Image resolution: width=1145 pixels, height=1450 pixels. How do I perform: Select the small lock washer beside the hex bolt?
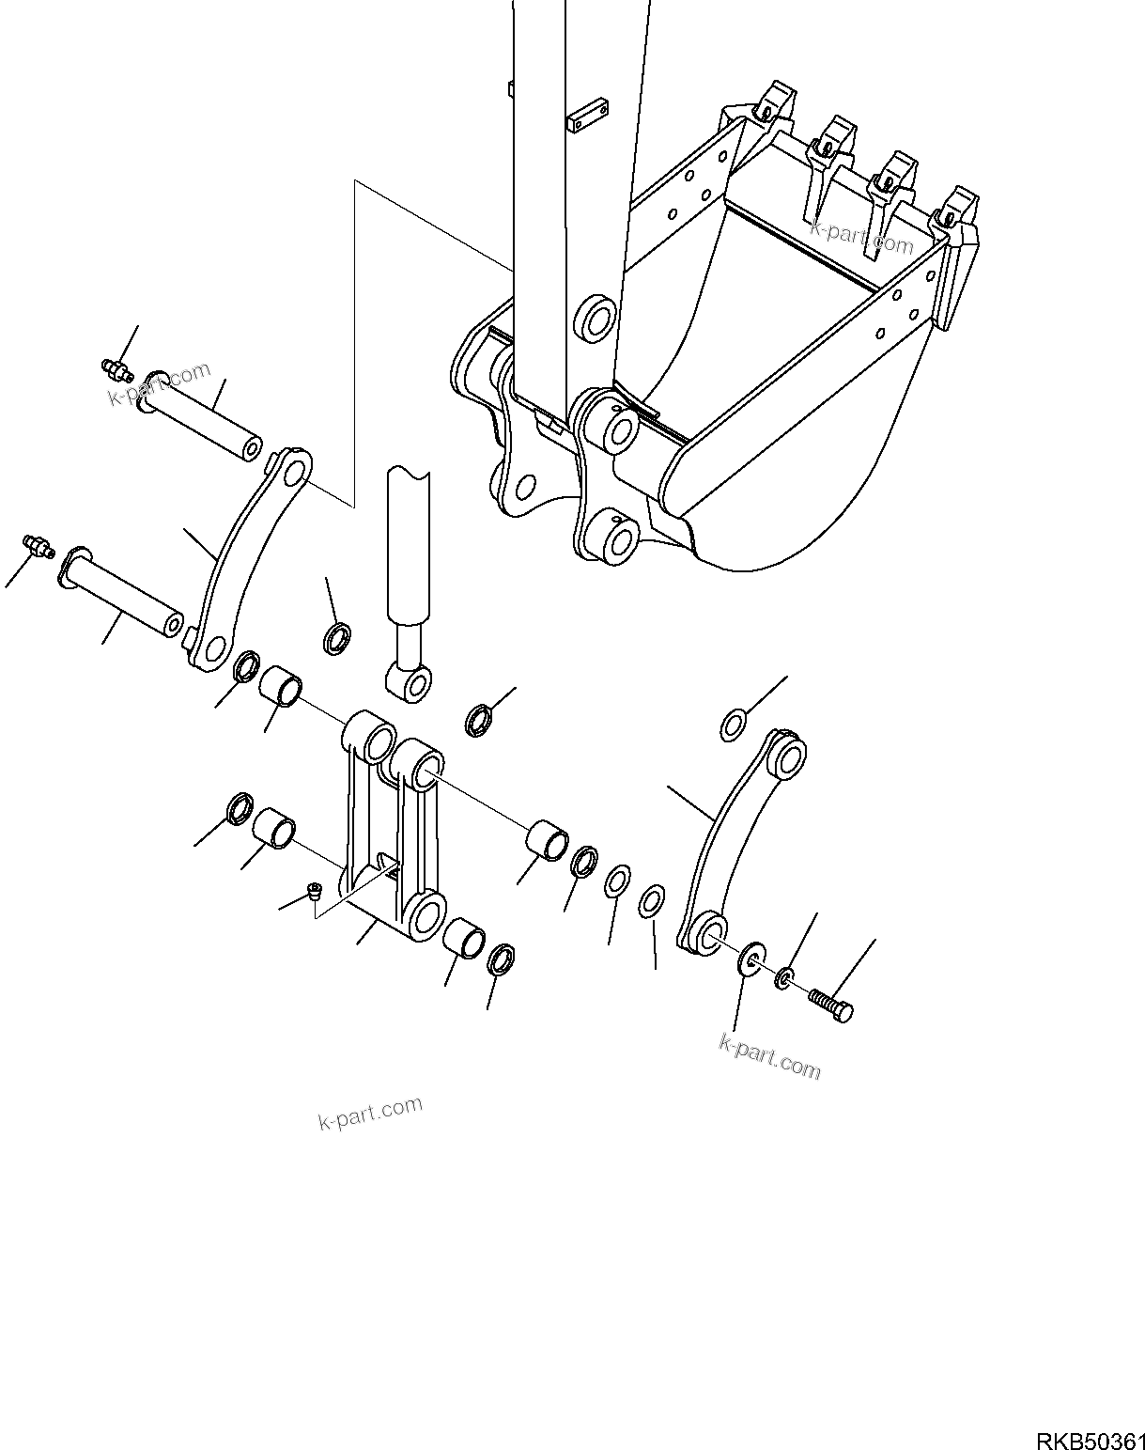(x=783, y=979)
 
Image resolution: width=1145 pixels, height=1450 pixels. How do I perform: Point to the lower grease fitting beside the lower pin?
(x=38, y=546)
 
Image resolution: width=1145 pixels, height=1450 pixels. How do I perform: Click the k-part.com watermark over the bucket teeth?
(x=861, y=239)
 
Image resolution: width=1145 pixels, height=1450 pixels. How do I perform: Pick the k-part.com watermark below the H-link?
(x=370, y=1113)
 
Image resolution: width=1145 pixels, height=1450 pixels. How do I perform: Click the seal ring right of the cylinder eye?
(x=478, y=720)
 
